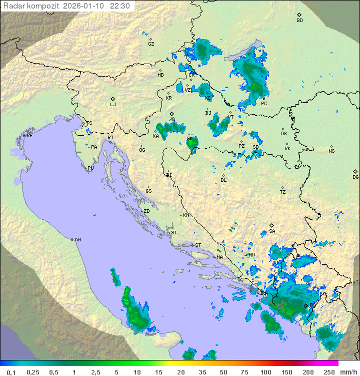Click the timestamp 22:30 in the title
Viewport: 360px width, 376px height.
pos(120,6)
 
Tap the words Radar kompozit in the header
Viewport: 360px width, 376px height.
pos(31,6)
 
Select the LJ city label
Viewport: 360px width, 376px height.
pos(113,105)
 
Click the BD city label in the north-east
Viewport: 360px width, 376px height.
pos(299,21)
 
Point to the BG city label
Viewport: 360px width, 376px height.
pos(355,177)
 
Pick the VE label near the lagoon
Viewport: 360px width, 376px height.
pos(29,136)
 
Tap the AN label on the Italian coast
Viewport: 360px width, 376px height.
pos(77,240)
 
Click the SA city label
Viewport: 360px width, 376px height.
pos(272,231)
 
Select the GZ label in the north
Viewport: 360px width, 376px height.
pos(151,44)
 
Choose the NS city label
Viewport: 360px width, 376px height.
pos(331,151)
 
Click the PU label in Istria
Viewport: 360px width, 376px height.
pos(90,168)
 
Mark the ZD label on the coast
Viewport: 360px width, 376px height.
pos(146,211)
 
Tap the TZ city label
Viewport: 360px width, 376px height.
pos(283,192)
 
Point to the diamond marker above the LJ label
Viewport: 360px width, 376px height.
pos(113,99)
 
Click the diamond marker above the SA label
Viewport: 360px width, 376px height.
pos(272,225)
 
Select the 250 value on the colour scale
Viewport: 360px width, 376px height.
pos(328,372)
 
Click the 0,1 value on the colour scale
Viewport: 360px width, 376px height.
pos(11,372)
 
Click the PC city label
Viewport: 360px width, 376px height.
pos(264,104)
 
